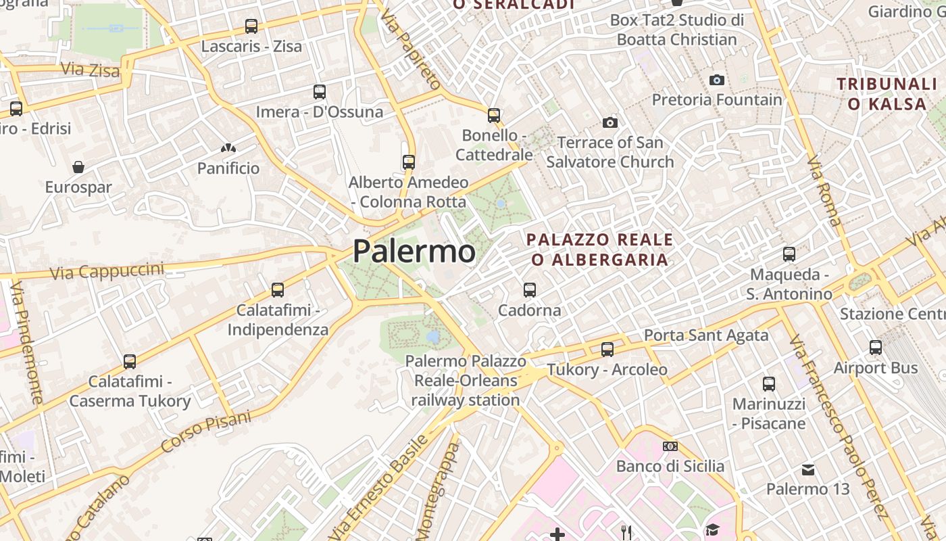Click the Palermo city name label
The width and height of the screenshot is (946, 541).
414,252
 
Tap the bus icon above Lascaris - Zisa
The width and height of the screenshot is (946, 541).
251,26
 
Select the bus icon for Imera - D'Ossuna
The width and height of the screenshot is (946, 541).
320,91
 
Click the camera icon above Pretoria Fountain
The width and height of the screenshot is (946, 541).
717,80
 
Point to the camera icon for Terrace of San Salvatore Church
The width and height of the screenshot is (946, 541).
610,122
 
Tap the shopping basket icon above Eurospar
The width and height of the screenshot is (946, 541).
78,166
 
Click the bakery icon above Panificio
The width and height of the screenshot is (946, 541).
228,147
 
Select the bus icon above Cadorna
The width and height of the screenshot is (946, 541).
530,290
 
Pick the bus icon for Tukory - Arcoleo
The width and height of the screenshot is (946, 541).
607,349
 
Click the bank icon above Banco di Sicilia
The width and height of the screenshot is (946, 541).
670,446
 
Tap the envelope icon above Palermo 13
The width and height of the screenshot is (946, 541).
808,469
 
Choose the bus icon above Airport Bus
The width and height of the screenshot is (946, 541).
876,348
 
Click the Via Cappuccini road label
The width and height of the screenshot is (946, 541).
107,271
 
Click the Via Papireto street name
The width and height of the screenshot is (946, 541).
411,51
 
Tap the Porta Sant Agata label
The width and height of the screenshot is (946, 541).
706,335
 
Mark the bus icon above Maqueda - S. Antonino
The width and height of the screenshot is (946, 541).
789,254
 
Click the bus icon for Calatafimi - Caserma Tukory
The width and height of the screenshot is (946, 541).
130,362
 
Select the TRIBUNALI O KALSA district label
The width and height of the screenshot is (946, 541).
887,94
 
